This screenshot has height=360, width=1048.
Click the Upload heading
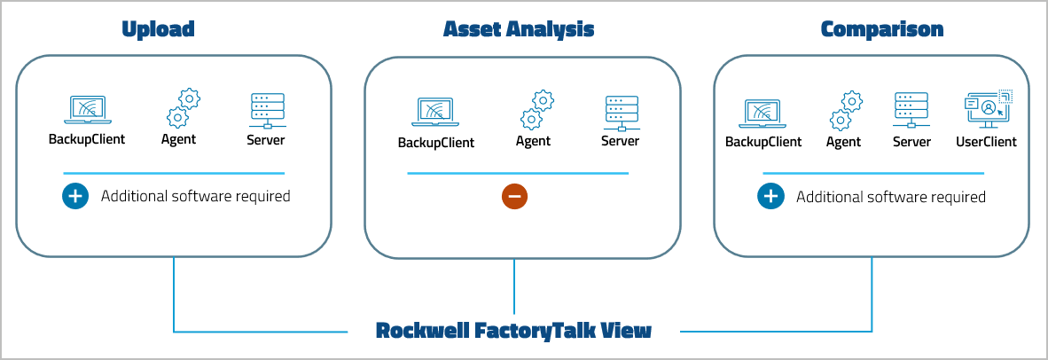[x=158, y=29]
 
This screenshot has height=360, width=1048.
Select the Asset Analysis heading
[x=519, y=29]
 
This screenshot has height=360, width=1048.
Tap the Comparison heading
[x=881, y=29]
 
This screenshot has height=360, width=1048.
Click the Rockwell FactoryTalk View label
[x=513, y=332]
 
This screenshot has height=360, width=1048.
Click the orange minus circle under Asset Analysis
[x=514, y=196]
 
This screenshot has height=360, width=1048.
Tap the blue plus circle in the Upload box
[x=75, y=196]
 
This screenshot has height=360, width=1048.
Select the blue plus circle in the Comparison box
[x=770, y=196]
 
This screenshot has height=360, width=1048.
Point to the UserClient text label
[x=986, y=142]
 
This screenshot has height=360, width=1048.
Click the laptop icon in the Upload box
[x=87, y=110]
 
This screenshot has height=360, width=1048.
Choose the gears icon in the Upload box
[x=183, y=108]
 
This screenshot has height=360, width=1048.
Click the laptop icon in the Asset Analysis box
[x=435, y=112]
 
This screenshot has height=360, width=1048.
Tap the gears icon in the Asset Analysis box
[x=536, y=110]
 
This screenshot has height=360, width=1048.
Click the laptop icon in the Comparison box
[x=763, y=112]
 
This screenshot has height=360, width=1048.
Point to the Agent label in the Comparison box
[x=843, y=142]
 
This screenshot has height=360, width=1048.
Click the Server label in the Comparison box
[x=911, y=142]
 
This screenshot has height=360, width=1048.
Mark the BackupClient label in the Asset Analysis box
[x=435, y=143]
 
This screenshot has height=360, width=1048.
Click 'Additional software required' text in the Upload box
[x=195, y=196]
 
